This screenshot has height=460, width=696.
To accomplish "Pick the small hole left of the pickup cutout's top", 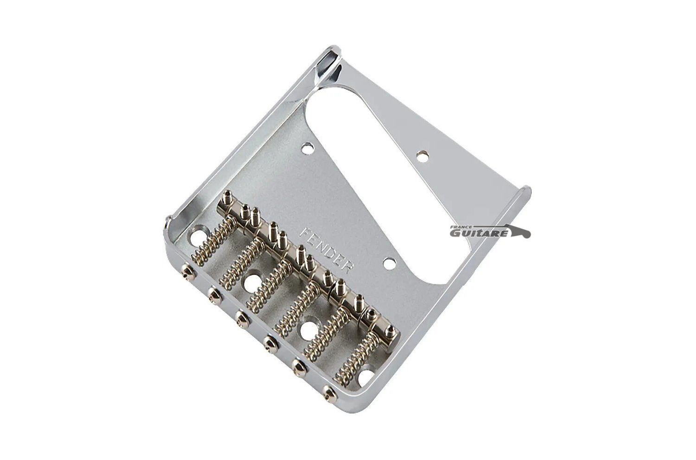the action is (308, 146).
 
